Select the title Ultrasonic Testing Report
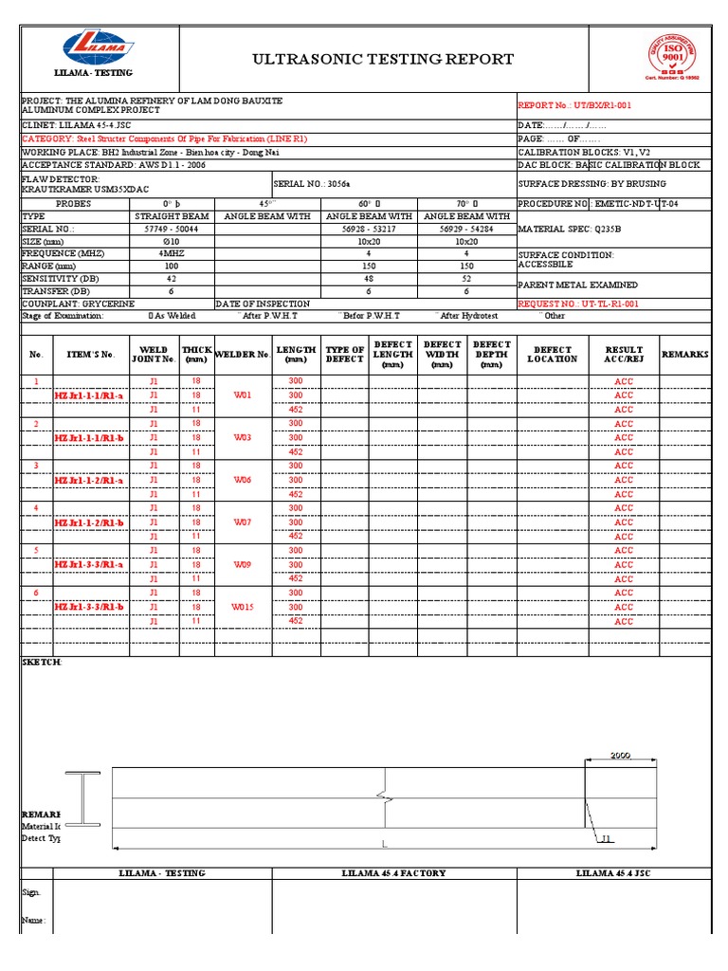(383, 59)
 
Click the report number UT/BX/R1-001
(592, 105)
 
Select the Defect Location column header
(552, 355)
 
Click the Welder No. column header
(242, 355)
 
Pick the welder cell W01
(242, 395)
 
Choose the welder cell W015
(242, 607)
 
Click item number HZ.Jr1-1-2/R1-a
(88, 481)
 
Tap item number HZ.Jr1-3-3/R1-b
(88, 607)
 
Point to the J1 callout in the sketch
(607, 838)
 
